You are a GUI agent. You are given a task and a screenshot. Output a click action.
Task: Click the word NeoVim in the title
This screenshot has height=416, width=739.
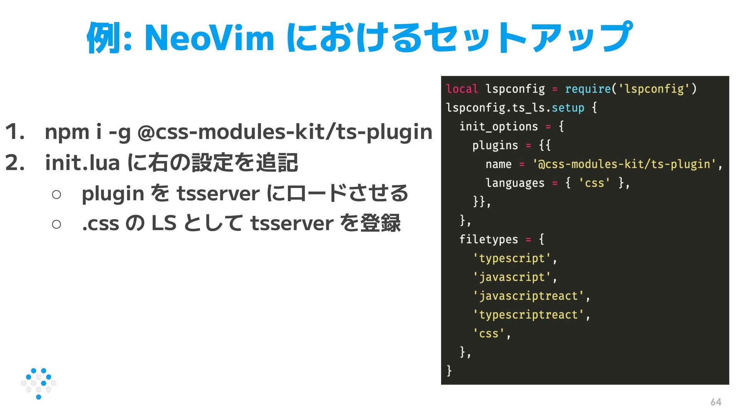click(209, 38)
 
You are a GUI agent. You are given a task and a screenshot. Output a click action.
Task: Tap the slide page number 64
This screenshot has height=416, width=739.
click(716, 402)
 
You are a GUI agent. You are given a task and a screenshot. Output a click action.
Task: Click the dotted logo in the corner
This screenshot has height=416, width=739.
click(38, 383)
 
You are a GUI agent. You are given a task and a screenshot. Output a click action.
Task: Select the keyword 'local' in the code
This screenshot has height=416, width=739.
click(461, 89)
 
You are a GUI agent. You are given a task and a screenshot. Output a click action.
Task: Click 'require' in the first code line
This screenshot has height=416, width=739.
click(588, 89)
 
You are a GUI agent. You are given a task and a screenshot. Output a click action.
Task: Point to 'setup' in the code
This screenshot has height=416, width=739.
click(568, 108)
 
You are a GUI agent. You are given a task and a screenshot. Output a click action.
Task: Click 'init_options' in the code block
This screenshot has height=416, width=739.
click(498, 127)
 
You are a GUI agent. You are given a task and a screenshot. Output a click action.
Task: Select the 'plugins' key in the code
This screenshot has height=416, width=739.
click(495, 146)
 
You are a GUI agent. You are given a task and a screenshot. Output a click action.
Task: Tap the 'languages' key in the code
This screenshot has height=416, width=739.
click(515, 183)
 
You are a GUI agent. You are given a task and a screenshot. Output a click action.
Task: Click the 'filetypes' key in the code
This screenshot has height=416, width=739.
click(488, 240)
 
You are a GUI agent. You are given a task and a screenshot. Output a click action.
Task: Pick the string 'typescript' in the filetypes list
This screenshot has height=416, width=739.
click(512, 258)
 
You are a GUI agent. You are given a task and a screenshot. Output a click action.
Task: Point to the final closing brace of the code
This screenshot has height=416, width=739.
click(449, 371)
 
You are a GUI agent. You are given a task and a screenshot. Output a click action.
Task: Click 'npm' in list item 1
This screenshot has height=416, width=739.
click(67, 132)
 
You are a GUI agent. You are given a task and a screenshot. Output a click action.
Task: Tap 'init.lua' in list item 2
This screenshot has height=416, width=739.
click(82, 163)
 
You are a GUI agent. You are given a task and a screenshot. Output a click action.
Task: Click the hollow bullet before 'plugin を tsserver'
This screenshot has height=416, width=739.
click(56, 194)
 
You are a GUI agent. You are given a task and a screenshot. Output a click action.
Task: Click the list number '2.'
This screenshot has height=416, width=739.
click(15, 163)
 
